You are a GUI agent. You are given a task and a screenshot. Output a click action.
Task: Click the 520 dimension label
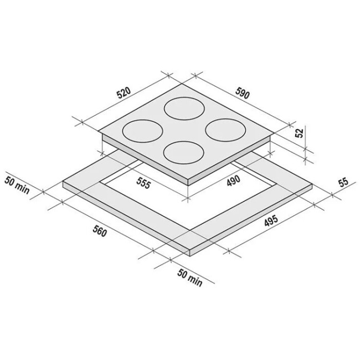(124, 92)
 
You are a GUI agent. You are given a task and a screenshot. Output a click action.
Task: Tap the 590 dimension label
(242, 93)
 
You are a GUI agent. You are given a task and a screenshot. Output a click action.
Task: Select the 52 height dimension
(299, 133)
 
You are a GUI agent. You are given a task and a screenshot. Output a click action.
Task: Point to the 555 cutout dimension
(144, 183)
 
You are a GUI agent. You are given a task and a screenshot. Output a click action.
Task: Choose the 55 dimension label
(343, 182)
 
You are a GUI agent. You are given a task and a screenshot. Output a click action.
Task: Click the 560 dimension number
(100, 231)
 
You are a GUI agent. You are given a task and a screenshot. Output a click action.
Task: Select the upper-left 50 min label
(17, 185)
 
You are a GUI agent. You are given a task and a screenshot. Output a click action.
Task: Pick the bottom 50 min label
(189, 278)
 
